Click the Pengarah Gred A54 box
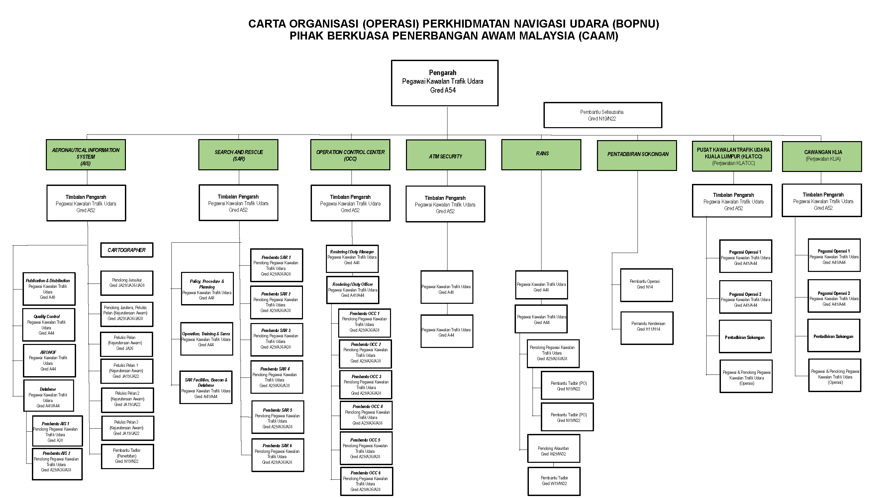point(444,83)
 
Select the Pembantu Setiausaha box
point(602,115)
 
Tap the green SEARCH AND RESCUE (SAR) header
point(238,155)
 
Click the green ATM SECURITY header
point(445,155)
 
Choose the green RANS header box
point(541,154)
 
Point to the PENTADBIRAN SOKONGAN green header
point(637,155)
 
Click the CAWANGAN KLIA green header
point(822,156)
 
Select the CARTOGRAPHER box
point(127,250)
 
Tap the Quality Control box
point(49,324)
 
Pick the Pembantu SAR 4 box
point(276,377)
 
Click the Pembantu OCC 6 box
point(366,481)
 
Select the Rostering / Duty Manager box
point(352,258)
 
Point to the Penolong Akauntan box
point(553,448)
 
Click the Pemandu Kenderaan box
point(646,328)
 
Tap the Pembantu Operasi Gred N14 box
point(646,285)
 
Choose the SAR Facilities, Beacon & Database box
point(206,387)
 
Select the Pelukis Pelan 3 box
point(128,428)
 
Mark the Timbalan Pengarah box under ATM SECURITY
point(445,204)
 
